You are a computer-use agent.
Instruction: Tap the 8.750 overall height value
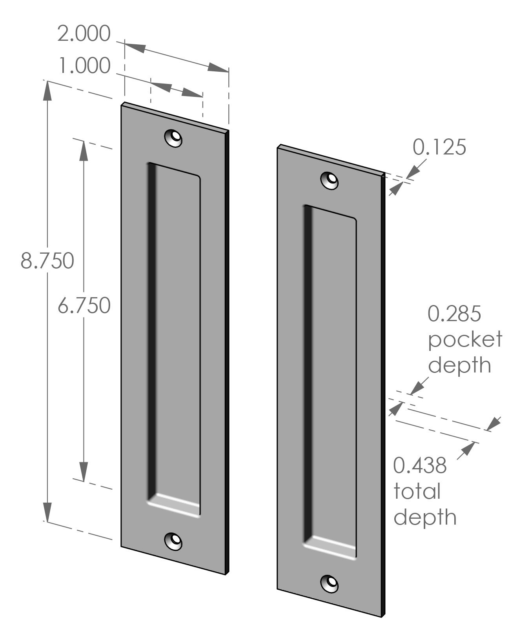pos(47,260)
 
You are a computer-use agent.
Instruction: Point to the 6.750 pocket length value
pos(84,305)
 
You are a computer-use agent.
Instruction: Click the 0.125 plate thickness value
pos(439,147)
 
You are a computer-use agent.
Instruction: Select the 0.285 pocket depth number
pos(454,314)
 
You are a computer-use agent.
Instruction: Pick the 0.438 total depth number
pos(420,465)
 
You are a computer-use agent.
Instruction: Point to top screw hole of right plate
pos(330,180)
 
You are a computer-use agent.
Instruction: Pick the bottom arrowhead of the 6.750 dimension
pos(84,470)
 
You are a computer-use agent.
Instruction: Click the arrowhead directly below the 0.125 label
pos(396,189)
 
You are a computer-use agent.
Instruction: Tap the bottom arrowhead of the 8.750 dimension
pos(47,512)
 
